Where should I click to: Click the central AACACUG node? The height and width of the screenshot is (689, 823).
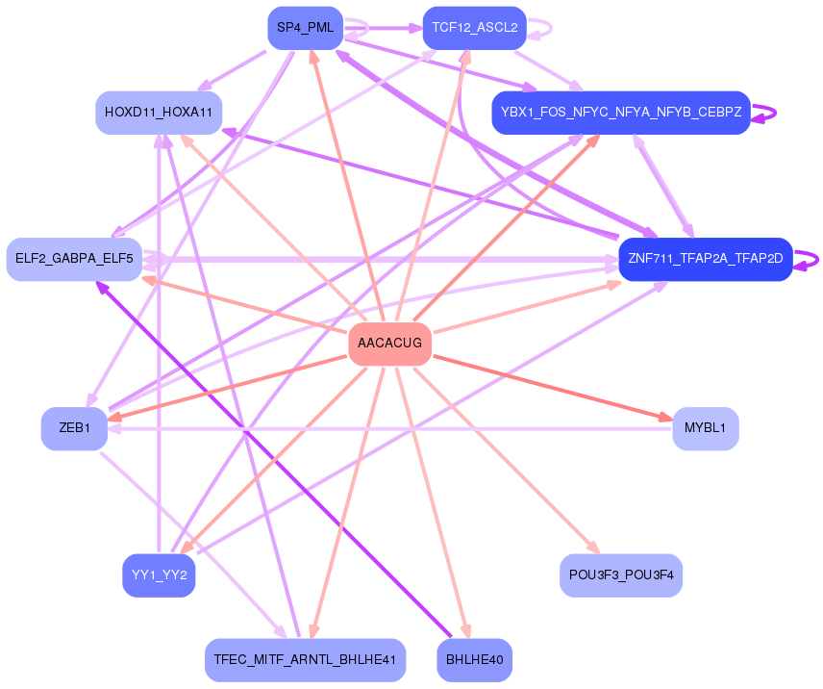coord(389,344)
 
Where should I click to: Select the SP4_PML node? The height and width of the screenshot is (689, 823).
coord(306,28)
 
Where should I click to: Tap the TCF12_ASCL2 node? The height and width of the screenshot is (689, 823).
coord(474,28)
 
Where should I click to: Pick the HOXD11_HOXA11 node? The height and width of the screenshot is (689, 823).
coord(159,113)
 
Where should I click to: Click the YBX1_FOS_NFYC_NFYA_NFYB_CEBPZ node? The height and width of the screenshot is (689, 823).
coord(620,113)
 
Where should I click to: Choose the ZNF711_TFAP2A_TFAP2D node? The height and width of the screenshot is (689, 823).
coord(705,259)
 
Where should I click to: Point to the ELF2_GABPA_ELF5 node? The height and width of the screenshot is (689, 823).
coord(74,259)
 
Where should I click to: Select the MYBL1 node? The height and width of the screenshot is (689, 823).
coord(705,428)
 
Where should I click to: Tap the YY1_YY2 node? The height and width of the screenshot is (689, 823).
coord(159,575)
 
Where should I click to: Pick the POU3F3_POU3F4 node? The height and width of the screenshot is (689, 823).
coord(620,575)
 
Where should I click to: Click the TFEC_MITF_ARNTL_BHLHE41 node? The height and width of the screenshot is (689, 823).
coord(305,660)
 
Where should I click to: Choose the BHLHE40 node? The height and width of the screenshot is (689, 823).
coord(474,660)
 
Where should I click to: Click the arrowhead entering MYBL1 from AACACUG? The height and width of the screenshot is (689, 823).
coord(666,418)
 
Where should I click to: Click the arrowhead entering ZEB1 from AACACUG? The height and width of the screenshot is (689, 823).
coord(114,417)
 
